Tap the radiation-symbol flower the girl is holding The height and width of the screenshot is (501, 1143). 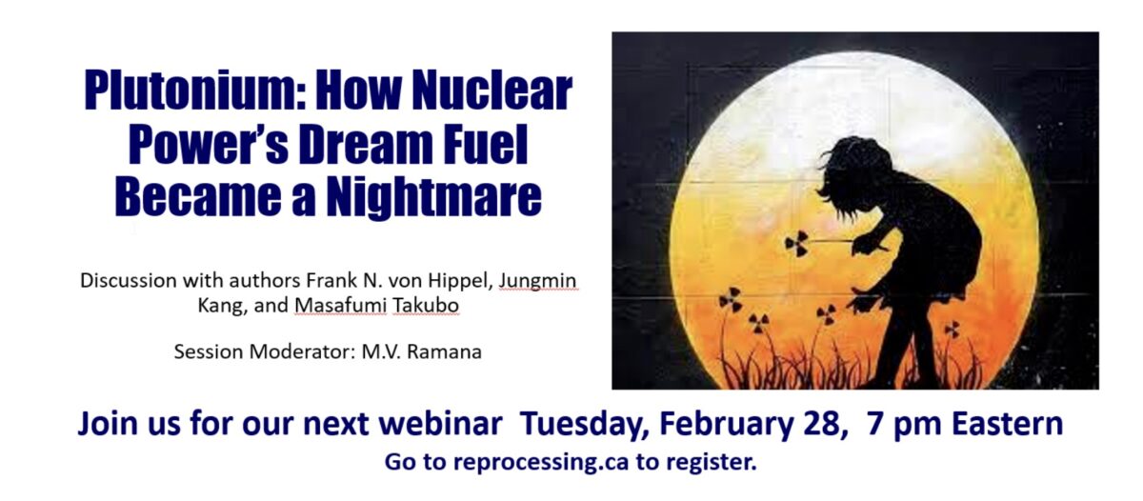796,244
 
